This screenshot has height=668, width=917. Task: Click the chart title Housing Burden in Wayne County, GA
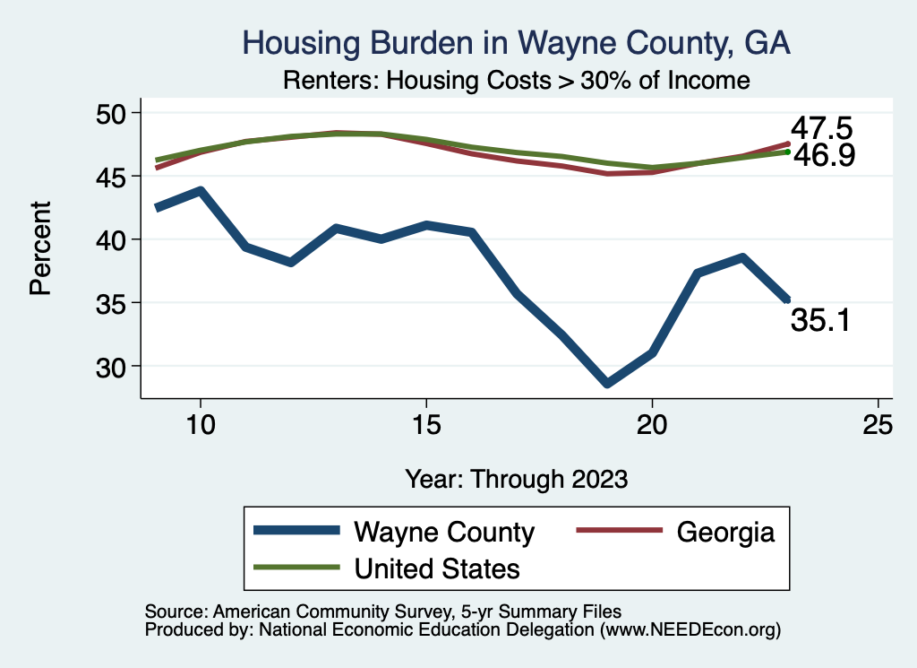517,42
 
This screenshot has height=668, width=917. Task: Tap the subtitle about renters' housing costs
516,80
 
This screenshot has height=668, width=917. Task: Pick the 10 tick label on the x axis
200,424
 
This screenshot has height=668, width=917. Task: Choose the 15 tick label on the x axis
425,424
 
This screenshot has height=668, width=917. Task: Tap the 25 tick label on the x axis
878,424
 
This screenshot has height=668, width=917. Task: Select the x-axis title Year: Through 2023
516,478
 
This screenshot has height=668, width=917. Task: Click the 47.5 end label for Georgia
820,126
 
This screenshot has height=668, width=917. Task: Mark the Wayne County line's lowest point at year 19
607,383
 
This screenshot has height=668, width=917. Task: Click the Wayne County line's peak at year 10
201,191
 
